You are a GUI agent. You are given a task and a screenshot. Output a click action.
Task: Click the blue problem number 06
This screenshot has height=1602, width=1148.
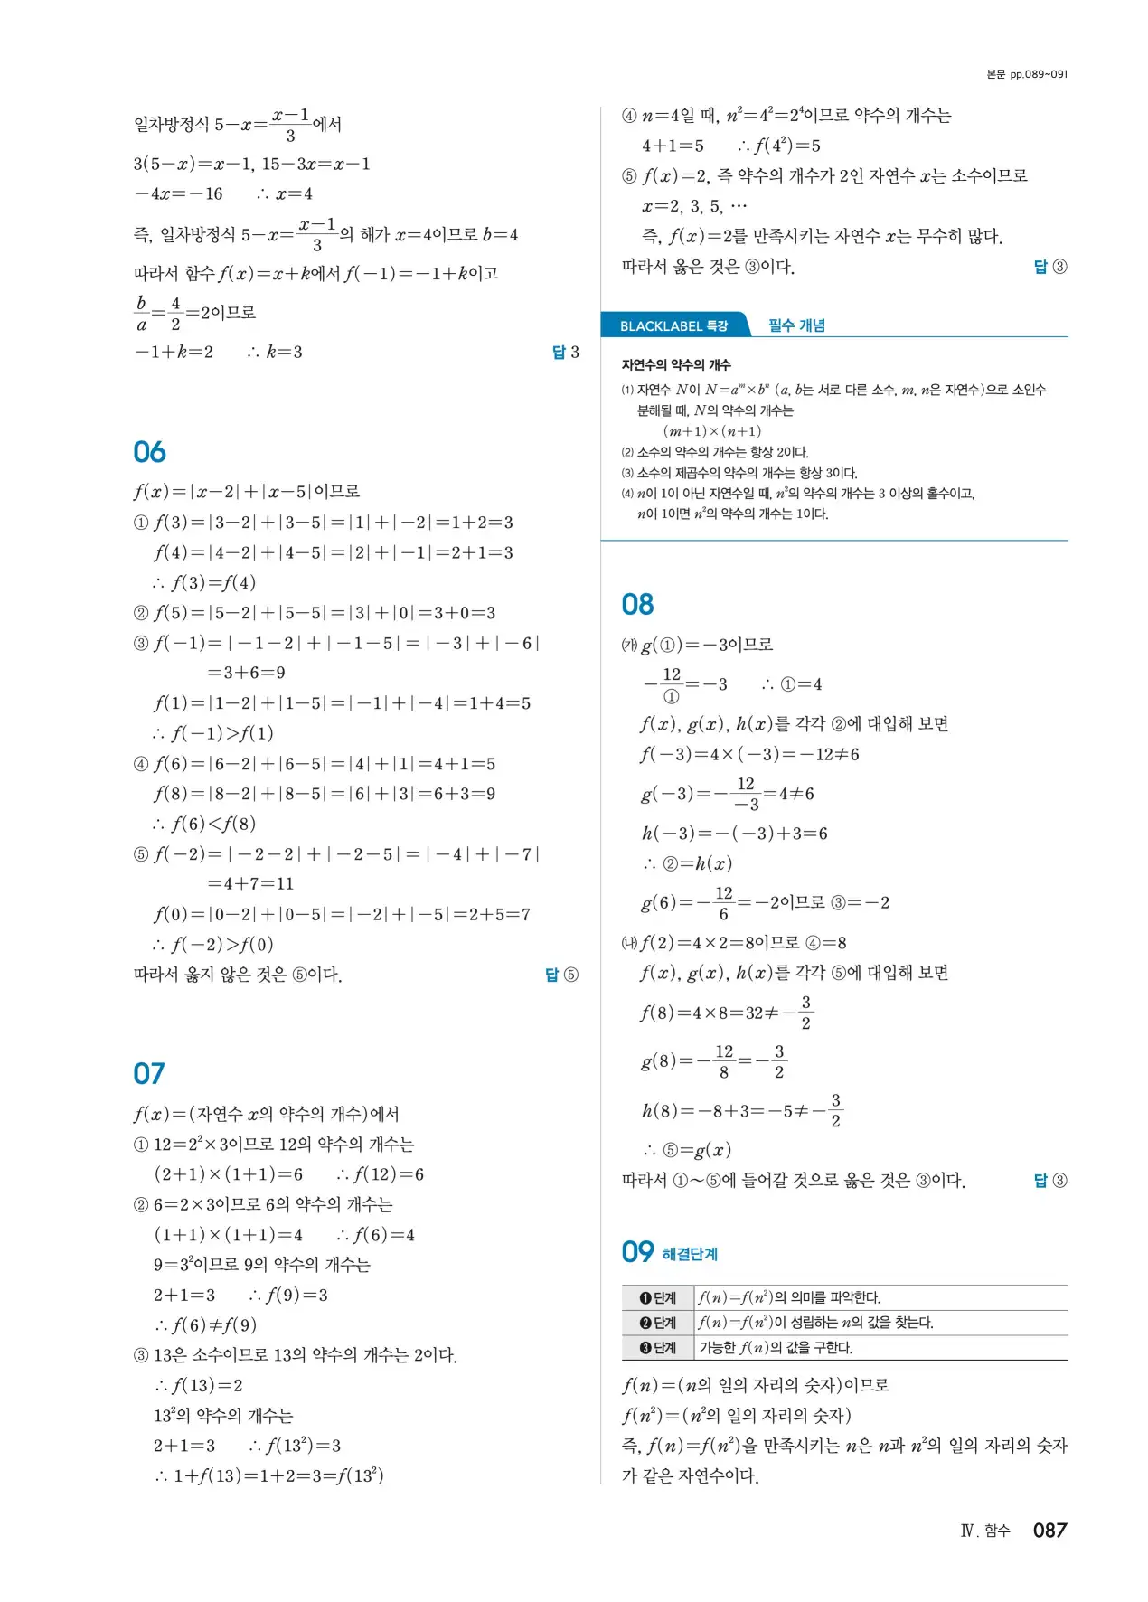(x=149, y=452)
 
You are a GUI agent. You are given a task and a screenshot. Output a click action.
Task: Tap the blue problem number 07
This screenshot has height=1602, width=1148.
(x=149, y=1073)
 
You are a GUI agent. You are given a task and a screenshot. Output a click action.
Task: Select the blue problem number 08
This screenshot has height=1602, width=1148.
(x=637, y=605)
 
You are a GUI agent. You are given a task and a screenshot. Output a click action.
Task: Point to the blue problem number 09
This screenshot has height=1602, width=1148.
(x=637, y=1252)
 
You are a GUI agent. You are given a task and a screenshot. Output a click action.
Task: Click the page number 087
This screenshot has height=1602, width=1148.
(x=1049, y=1530)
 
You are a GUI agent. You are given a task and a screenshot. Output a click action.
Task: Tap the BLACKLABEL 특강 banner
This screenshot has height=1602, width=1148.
(x=673, y=325)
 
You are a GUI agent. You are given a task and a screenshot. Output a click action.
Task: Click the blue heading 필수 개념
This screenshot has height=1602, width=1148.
(x=796, y=325)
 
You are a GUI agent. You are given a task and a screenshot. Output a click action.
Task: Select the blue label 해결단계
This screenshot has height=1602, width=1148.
(x=690, y=1254)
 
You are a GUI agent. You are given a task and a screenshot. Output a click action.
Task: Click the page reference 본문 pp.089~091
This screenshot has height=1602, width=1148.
(x=1027, y=74)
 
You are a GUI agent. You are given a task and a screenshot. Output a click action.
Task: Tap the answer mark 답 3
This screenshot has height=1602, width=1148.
(x=565, y=352)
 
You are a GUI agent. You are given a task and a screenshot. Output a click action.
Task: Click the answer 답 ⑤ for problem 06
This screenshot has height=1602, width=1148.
(x=561, y=975)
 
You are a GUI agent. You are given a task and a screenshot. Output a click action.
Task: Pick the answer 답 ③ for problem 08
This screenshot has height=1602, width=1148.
(x=1049, y=1180)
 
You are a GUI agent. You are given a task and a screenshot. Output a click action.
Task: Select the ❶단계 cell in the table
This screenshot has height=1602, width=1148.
(x=658, y=1297)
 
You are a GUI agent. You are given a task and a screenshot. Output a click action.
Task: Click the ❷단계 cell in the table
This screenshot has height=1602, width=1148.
(x=658, y=1323)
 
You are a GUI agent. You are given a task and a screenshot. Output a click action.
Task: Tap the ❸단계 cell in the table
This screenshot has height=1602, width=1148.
(x=658, y=1348)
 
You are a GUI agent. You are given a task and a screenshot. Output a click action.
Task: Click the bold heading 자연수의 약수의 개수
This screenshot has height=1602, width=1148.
(x=676, y=365)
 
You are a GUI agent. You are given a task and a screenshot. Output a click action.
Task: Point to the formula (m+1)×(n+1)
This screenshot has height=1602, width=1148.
(x=712, y=431)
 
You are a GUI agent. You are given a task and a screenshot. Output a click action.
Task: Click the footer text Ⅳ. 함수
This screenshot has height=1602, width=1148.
(x=984, y=1531)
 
